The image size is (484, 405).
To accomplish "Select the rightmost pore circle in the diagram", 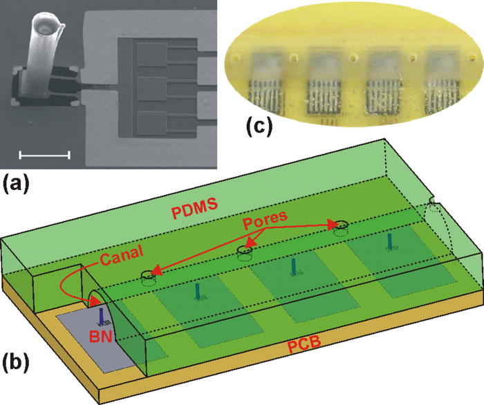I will click(x=339, y=225).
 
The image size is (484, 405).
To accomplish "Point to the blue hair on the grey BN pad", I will click(x=102, y=317).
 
